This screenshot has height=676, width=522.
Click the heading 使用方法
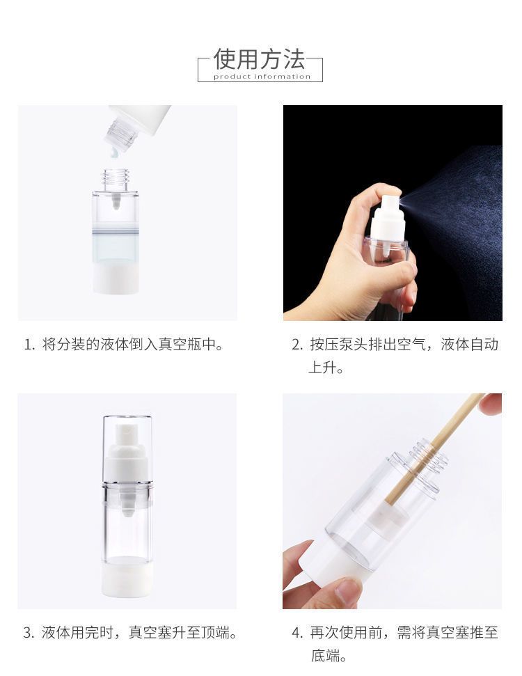click(x=260, y=59)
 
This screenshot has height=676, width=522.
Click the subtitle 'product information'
click(x=262, y=77)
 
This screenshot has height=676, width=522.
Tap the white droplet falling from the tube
click(x=114, y=152)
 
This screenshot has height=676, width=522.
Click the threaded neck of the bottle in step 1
click(x=116, y=179)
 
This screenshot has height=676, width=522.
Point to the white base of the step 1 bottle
click(x=116, y=278)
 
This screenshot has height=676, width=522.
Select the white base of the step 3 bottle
click(x=127, y=577)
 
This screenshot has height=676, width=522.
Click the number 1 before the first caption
click(x=29, y=345)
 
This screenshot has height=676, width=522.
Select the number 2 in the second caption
click(x=296, y=345)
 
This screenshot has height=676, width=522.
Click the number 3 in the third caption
click(x=28, y=633)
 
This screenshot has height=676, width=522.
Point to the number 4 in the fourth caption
click(x=296, y=633)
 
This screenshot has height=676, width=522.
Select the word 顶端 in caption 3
click(x=215, y=632)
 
